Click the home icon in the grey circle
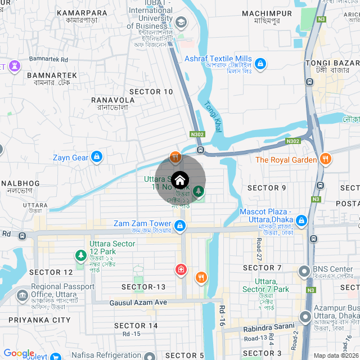pyautogui.click(x=180, y=180)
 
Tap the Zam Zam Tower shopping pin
pyautogui.click(x=180, y=226)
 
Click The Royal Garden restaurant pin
pyautogui.click(x=325, y=159)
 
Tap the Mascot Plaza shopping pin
pyautogui.click(x=301, y=219)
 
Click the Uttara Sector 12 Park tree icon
pyautogui.click(x=81, y=256)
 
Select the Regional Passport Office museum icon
pyautogui.click(x=22, y=295)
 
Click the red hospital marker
pyautogui.click(x=181, y=269)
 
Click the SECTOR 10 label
pyautogui.click(x=151, y=91)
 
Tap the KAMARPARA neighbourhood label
pyautogui.click(x=82, y=12)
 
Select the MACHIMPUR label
pyautogui.click(x=267, y=13)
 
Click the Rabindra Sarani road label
pyautogui.click(x=269, y=326)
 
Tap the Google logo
pyautogui.click(x=19, y=353)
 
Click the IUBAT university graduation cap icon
pyautogui.click(x=181, y=22)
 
